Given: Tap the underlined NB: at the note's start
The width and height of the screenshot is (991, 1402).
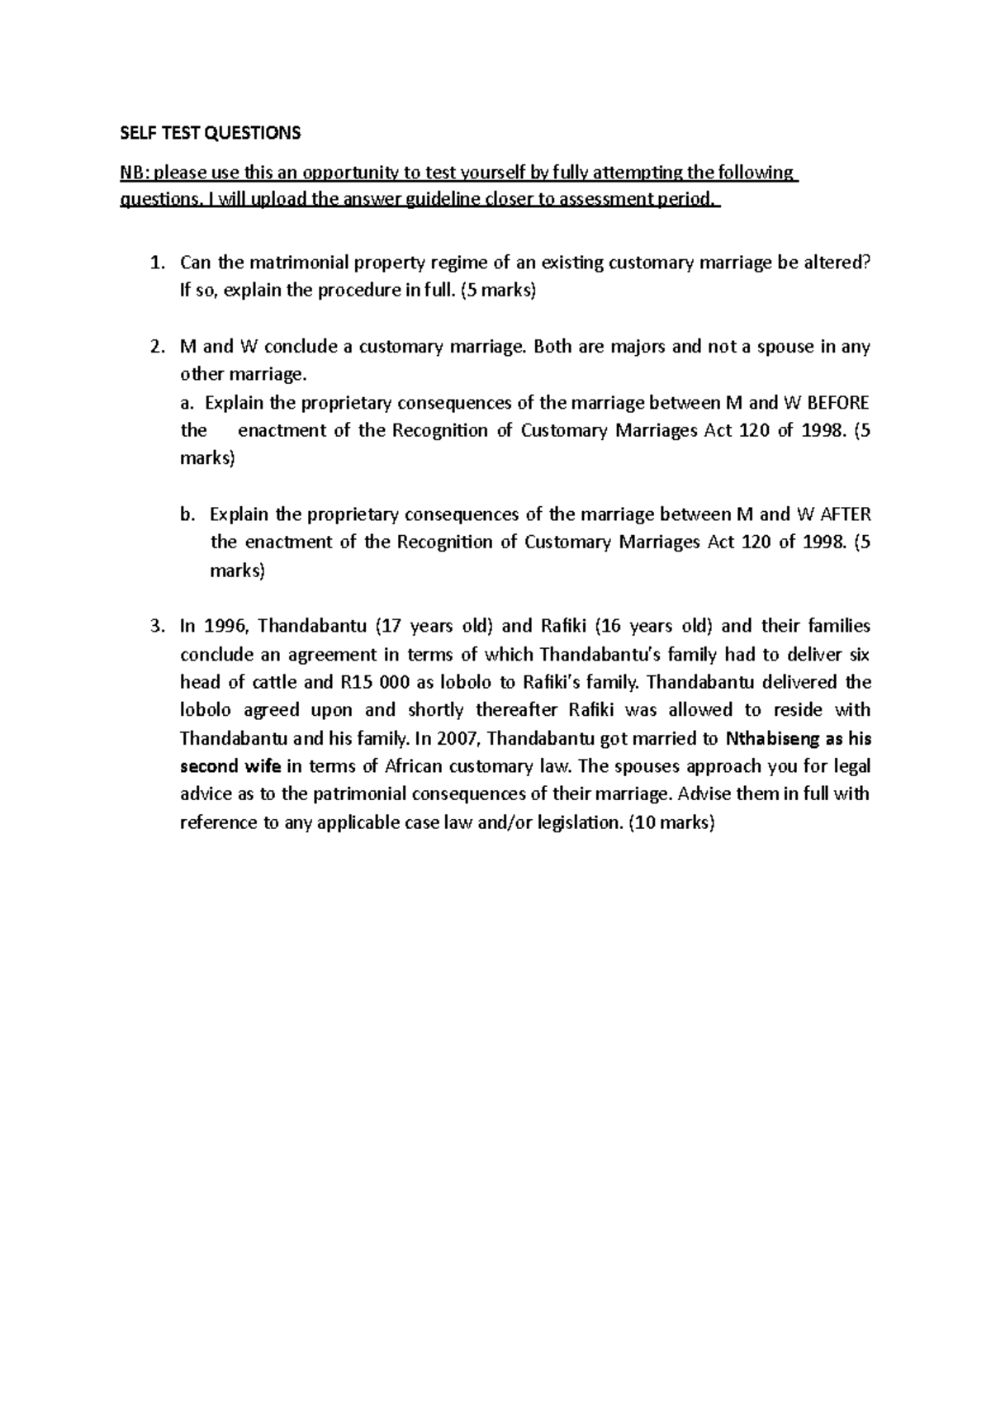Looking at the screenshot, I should pos(135,173).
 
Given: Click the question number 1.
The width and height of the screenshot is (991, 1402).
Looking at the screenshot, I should pos(156,263).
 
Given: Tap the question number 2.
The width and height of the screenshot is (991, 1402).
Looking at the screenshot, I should pos(156,347).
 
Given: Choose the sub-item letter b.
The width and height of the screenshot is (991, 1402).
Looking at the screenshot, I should pos(187,514).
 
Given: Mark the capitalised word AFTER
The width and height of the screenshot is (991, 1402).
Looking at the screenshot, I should pos(845,514).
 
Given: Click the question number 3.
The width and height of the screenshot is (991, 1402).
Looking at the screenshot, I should pos(156,626).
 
